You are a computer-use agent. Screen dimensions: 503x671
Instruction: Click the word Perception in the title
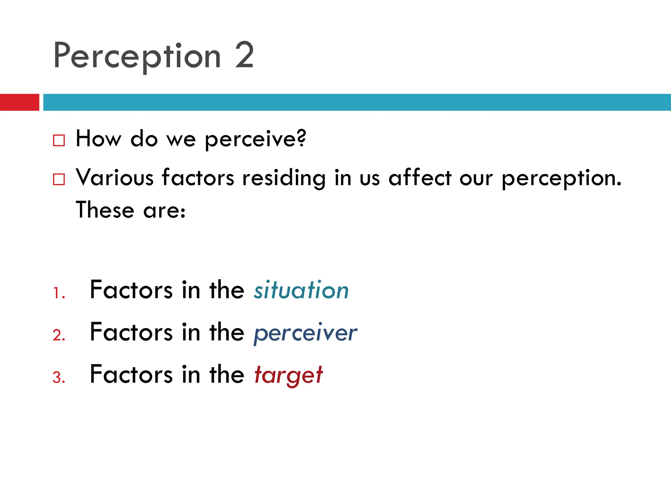137,56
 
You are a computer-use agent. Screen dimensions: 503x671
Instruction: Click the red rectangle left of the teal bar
19,102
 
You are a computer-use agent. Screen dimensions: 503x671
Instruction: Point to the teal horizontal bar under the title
357,102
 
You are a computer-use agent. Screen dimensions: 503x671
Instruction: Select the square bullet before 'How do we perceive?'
59,140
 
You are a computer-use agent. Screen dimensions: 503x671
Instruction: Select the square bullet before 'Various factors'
59,179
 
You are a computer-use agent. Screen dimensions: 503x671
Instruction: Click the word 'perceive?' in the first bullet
255,140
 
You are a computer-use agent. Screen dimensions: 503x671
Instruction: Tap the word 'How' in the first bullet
98,139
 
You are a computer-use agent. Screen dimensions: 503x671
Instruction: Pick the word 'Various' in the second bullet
115,178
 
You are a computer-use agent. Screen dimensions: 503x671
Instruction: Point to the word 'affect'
420,178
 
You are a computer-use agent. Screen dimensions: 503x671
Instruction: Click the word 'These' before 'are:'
105,210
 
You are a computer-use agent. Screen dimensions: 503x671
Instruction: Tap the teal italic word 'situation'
301,290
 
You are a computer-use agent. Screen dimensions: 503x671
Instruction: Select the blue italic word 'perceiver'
305,333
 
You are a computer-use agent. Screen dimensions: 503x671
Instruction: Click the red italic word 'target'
289,375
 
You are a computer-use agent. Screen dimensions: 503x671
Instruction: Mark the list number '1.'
59,293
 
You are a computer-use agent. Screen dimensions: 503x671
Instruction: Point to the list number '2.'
59,335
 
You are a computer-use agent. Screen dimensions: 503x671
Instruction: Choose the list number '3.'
59,378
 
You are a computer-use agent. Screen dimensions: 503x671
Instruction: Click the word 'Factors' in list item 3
131,374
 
